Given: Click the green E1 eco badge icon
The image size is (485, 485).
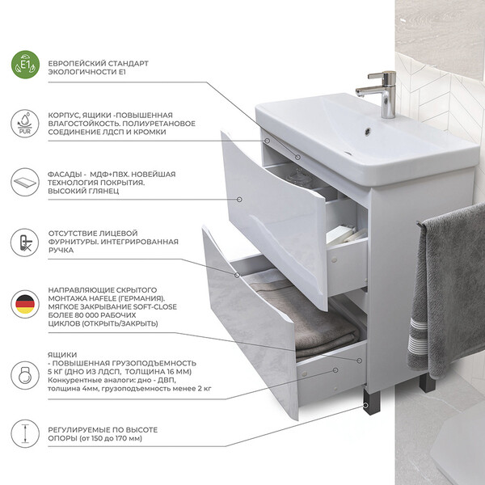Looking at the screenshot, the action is click(x=25, y=65).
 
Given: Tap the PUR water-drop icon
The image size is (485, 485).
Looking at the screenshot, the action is click(x=25, y=124).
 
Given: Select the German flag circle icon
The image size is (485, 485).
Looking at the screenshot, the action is click(x=25, y=304).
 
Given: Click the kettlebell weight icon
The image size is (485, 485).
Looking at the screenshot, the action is click(x=25, y=375).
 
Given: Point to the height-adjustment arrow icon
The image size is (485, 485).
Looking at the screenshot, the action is click(x=25, y=433).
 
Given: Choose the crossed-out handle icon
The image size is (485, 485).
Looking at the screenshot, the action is click(x=25, y=242).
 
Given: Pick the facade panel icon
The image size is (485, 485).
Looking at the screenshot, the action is click(x=25, y=182).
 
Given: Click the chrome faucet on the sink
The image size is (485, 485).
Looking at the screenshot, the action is click(x=380, y=94).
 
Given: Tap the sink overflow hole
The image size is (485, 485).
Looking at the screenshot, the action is click(x=367, y=132).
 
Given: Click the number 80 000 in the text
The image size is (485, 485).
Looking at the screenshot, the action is click(x=87, y=315).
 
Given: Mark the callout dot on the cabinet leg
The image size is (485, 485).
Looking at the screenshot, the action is click(x=366, y=405).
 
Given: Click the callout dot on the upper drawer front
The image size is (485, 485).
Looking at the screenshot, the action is click(x=239, y=200).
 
